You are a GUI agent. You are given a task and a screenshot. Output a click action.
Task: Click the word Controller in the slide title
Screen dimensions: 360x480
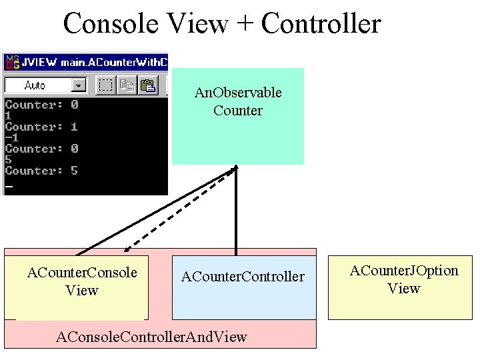click(321, 24)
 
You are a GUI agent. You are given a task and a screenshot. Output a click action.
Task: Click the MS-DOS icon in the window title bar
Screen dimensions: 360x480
click(13, 63)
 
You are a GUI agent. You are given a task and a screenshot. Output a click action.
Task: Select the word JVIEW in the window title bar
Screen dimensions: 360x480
click(39, 63)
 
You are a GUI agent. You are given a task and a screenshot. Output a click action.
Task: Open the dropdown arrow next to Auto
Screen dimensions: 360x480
click(79, 85)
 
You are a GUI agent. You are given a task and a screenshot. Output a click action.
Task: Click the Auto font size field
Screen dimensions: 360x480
click(37, 85)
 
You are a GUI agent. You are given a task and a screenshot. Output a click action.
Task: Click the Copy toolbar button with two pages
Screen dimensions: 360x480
click(127, 85)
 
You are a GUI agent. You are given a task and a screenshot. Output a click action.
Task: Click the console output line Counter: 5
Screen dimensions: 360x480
click(41, 171)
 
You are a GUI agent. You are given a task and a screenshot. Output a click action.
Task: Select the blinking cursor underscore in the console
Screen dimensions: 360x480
click(8, 186)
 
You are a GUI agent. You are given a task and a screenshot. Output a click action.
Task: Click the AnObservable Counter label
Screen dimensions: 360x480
click(238, 101)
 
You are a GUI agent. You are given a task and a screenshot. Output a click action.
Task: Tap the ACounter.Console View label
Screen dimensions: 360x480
click(81, 281)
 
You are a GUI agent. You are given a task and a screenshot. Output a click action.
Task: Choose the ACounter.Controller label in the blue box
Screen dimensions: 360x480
click(243, 276)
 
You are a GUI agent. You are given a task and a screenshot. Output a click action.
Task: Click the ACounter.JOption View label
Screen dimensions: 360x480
click(404, 279)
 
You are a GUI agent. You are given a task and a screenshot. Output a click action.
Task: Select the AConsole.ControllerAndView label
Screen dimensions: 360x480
click(151, 337)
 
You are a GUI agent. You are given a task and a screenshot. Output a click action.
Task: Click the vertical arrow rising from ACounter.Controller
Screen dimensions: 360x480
click(235, 213)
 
